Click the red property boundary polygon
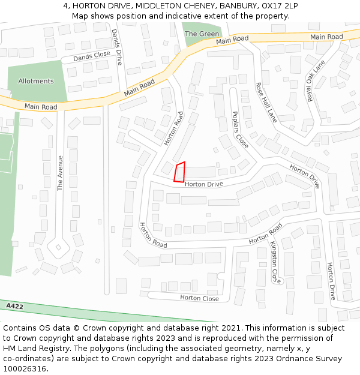click(179, 172)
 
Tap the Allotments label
click(36, 81)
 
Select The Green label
click(202, 34)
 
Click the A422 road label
click(15, 307)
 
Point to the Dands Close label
click(92, 56)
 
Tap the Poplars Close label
click(239, 129)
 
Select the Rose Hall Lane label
click(266, 103)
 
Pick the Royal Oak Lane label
click(316, 80)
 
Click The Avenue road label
click(60, 173)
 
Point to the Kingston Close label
click(274, 262)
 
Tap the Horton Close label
click(199, 298)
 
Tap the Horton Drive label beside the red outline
click(203, 184)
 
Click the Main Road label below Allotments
click(41, 107)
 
